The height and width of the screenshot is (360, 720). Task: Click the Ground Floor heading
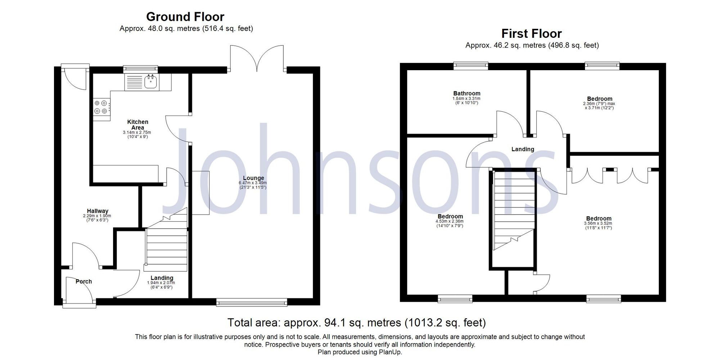click(185, 17)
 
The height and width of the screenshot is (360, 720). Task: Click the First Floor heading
click(531, 34)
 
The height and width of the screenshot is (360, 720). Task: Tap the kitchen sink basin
click(150, 82)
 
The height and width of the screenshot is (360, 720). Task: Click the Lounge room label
click(253, 178)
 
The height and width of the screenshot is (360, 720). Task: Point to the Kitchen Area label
click(138, 125)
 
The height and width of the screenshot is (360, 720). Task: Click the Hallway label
click(98, 211)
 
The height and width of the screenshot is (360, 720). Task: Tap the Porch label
click(84, 282)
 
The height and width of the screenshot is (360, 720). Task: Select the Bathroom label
click(467, 94)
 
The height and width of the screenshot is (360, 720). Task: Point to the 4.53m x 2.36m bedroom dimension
click(450, 221)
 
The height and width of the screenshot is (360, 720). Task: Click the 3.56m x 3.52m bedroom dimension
click(598, 223)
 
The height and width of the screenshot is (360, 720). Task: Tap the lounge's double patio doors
click(257, 58)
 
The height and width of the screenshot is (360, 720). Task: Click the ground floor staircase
click(167, 245)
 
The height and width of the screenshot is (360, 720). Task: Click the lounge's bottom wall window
click(252, 302)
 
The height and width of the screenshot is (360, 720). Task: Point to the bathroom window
click(471, 66)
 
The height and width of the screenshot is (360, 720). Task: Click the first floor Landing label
click(523, 149)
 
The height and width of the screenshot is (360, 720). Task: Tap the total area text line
click(356, 323)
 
